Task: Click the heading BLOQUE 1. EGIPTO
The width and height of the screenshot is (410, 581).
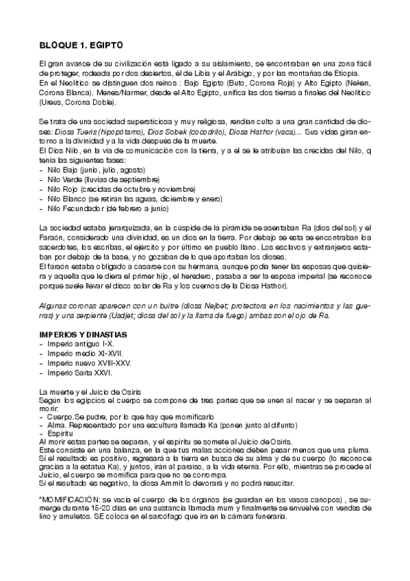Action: point(81,45)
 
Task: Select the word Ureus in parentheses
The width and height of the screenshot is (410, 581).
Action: point(53,103)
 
